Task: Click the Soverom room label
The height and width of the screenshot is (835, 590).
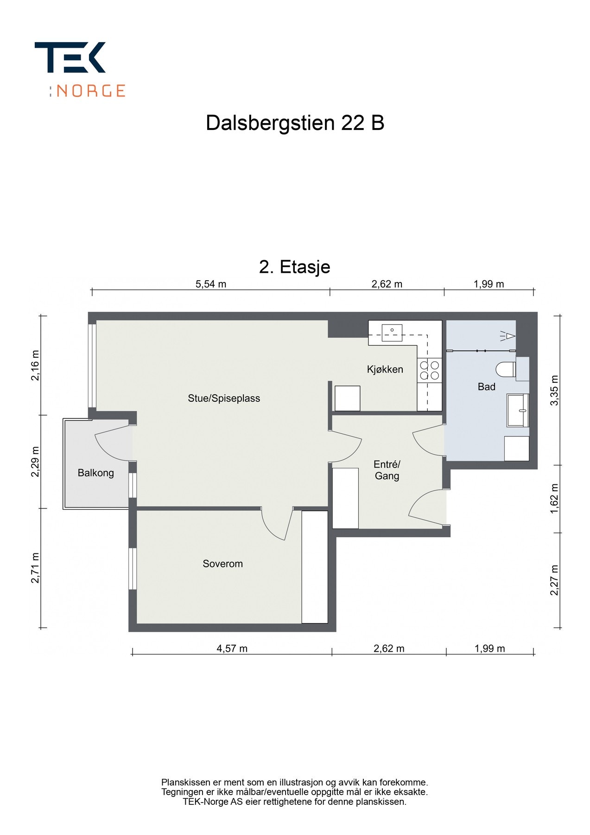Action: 222,564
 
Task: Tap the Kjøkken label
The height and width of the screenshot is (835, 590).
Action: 385,369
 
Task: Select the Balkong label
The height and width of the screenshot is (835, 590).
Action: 95,473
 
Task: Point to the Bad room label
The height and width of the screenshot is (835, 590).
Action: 486,386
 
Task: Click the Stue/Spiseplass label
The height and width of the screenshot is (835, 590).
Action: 224,398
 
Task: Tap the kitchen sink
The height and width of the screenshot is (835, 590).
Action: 392,333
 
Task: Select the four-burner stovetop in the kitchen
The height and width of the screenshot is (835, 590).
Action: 429,370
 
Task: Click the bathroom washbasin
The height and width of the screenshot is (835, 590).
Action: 518,410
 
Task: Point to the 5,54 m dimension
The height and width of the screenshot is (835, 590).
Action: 211,284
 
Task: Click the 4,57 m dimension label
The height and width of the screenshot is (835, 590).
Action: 232,648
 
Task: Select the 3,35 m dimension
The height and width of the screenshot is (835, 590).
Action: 554,390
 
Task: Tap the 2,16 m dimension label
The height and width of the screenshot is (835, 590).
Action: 35,365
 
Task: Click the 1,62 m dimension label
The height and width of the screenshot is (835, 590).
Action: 554,499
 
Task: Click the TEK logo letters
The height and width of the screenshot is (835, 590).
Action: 70,58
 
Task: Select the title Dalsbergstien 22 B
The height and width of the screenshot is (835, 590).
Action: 295,123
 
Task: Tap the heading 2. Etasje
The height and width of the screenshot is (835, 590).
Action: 295,267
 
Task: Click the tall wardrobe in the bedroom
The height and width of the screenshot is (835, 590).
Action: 315,567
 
